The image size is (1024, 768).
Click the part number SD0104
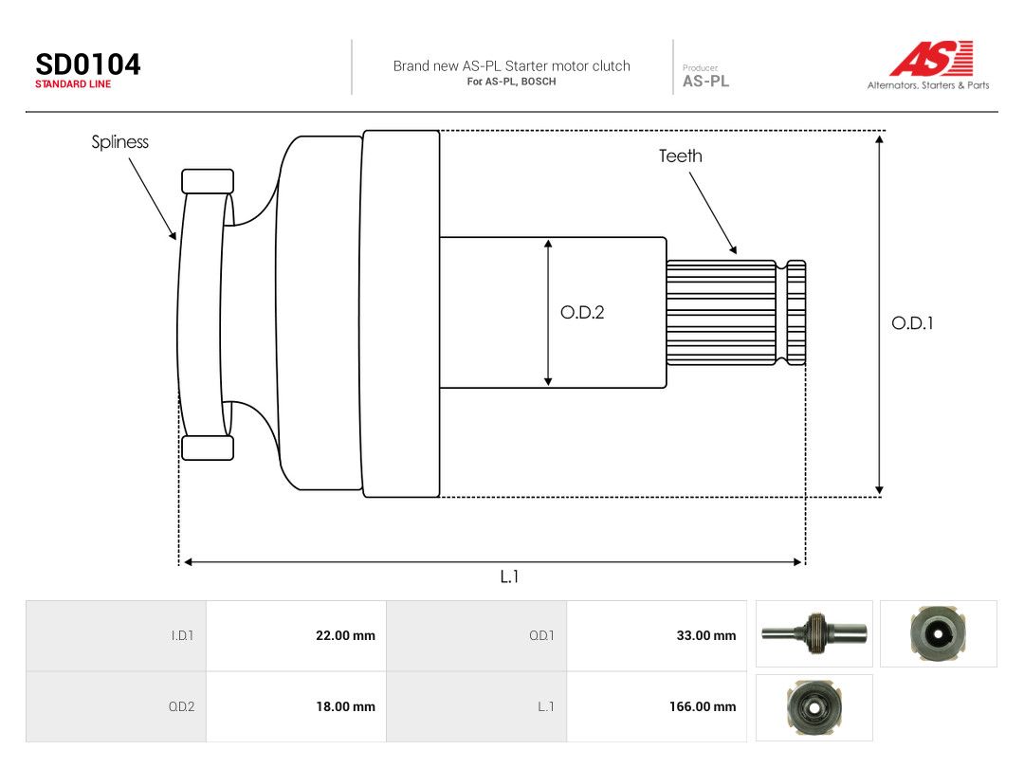click(87, 64)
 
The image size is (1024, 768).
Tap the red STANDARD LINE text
click(73, 84)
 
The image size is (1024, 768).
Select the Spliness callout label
click(120, 142)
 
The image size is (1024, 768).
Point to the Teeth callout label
click(681, 156)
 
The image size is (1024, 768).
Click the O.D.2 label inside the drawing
click(582, 312)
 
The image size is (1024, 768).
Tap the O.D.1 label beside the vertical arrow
click(912, 323)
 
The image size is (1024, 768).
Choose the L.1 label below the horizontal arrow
click(509, 576)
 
